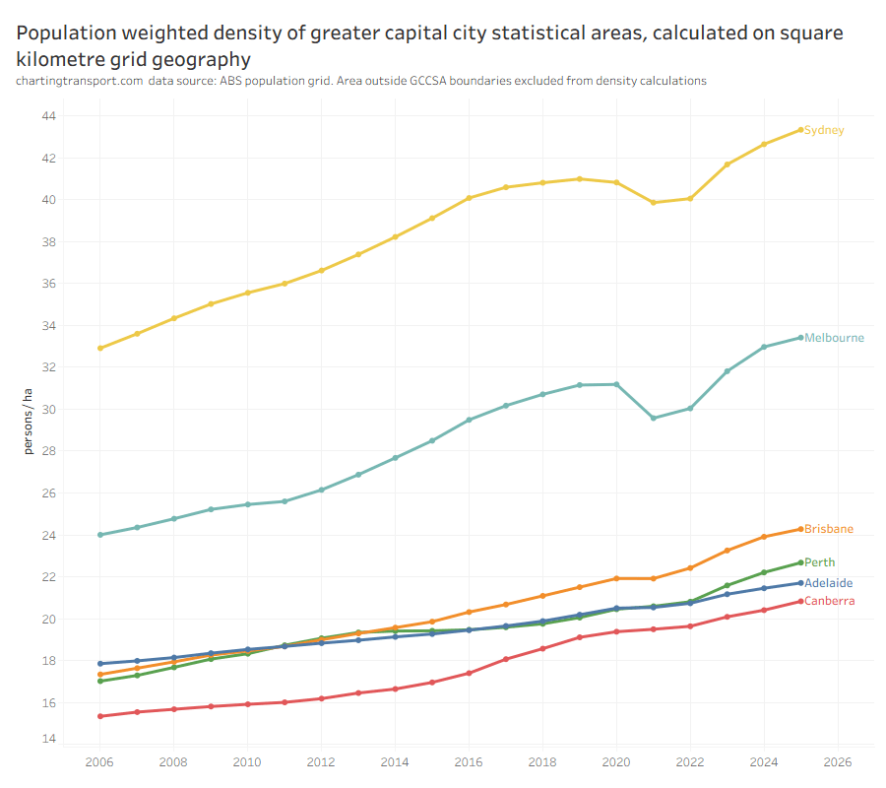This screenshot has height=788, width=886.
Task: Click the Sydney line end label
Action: click(824, 130)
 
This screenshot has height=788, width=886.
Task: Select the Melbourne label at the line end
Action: click(834, 338)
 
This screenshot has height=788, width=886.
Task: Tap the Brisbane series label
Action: click(828, 529)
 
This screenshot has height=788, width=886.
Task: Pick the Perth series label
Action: click(819, 562)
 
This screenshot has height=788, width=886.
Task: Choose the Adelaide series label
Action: click(828, 583)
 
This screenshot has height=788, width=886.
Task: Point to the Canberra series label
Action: click(829, 601)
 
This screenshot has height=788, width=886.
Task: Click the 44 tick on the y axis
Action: click(48, 116)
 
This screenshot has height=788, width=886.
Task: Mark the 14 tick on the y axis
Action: click(48, 739)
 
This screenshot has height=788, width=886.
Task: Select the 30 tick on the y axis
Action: click(48, 410)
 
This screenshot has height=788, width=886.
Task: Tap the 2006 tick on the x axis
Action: click(99, 761)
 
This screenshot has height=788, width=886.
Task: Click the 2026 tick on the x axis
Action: click(837, 761)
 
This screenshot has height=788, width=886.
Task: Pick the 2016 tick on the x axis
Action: click(469, 761)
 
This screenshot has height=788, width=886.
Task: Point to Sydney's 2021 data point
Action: click(653, 203)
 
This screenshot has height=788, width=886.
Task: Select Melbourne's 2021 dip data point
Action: click(653, 419)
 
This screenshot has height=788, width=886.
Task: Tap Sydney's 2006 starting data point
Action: click(100, 348)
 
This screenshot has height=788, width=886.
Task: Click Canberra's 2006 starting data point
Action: click(100, 716)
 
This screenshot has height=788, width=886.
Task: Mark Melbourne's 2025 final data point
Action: click(800, 338)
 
